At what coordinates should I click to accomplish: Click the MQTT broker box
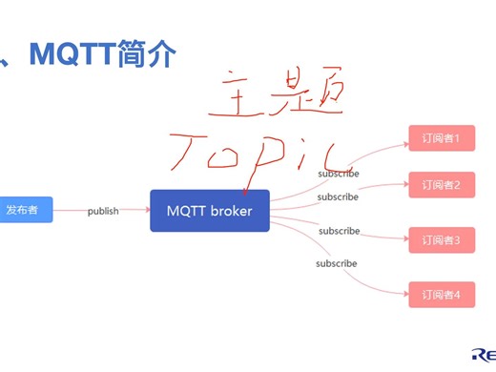[210, 211]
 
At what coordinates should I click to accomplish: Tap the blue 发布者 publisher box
[24, 210]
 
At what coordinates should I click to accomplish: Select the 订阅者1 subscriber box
[441, 138]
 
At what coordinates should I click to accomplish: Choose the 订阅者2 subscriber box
[441, 185]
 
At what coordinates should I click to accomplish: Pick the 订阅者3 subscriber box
[441, 240]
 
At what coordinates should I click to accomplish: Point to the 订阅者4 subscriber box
[441, 295]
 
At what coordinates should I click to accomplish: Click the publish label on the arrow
[103, 211]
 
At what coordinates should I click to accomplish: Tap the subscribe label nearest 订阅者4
[337, 263]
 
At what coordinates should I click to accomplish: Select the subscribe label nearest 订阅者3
[339, 231]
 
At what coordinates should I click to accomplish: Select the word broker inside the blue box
[232, 211]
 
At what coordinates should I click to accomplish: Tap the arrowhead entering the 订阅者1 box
[404, 139]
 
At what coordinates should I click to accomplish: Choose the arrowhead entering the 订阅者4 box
[404, 295]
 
